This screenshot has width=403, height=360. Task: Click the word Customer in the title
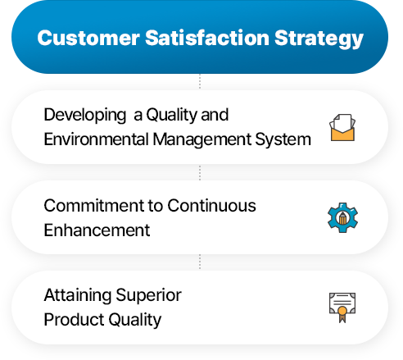click(88, 38)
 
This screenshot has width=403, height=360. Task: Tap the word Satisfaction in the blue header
click(207, 38)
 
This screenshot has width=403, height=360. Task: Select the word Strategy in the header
click(319, 39)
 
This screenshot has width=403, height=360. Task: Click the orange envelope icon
click(342, 127)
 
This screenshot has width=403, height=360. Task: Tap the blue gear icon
click(342, 217)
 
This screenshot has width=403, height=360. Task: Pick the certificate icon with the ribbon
click(342, 308)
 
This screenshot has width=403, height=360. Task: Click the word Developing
click(85, 116)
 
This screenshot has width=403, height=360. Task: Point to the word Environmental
click(96, 139)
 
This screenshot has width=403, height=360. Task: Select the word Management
click(202, 140)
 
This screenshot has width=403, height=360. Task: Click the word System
click(283, 140)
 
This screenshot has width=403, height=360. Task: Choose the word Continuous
click(211, 206)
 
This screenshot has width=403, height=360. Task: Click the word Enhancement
click(97, 230)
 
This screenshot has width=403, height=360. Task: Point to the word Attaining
click(78, 296)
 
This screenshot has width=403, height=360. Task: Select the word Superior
click(148, 296)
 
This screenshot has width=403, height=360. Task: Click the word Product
click(74, 319)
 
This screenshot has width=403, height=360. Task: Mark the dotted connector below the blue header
click(200, 82)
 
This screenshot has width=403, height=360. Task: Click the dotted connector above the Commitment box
click(200, 172)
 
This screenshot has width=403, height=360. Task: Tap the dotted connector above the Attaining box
click(200, 262)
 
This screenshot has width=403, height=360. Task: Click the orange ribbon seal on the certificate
click(342, 314)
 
